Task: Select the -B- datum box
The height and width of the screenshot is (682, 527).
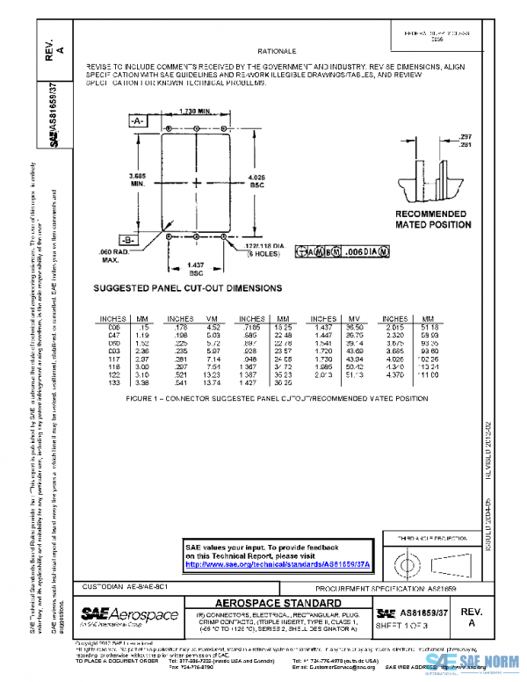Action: coord(127,239)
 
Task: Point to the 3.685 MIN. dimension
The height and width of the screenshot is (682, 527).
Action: coord(137,181)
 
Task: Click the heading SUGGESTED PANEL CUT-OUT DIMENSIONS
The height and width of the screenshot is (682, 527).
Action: coord(187,287)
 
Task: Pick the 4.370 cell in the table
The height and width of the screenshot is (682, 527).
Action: coord(395,374)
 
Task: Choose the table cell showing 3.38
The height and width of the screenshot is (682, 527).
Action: coord(142,382)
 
